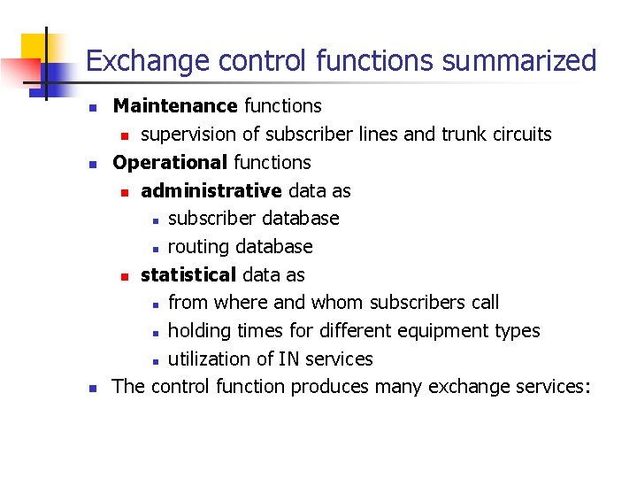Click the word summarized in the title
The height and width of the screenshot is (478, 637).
pyautogui.click(x=519, y=61)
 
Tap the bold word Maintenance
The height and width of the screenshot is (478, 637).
pyautogui.click(x=174, y=106)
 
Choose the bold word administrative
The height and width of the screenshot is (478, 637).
pyautogui.click(x=211, y=191)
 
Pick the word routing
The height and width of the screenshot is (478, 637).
pyautogui.click(x=197, y=246)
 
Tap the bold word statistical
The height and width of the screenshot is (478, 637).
pyautogui.click(x=188, y=274)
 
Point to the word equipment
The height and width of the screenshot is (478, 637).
pyautogui.click(x=448, y=331)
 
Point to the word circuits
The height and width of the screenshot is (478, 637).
pyautogui.click(x=520, y=135)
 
